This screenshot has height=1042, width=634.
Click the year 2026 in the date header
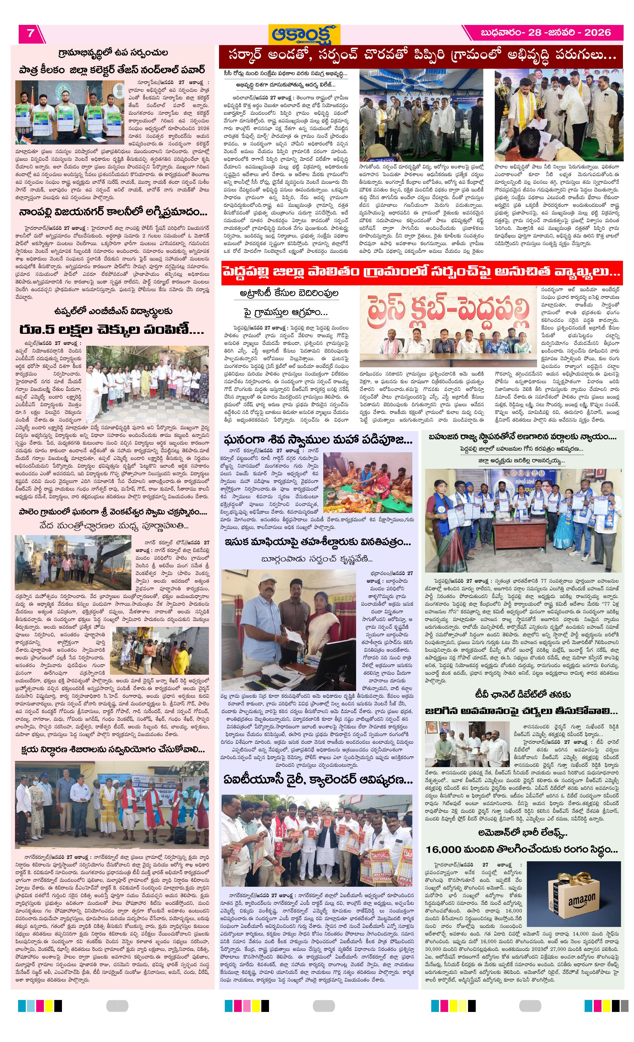597,33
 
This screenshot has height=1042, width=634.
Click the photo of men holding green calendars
70,112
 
